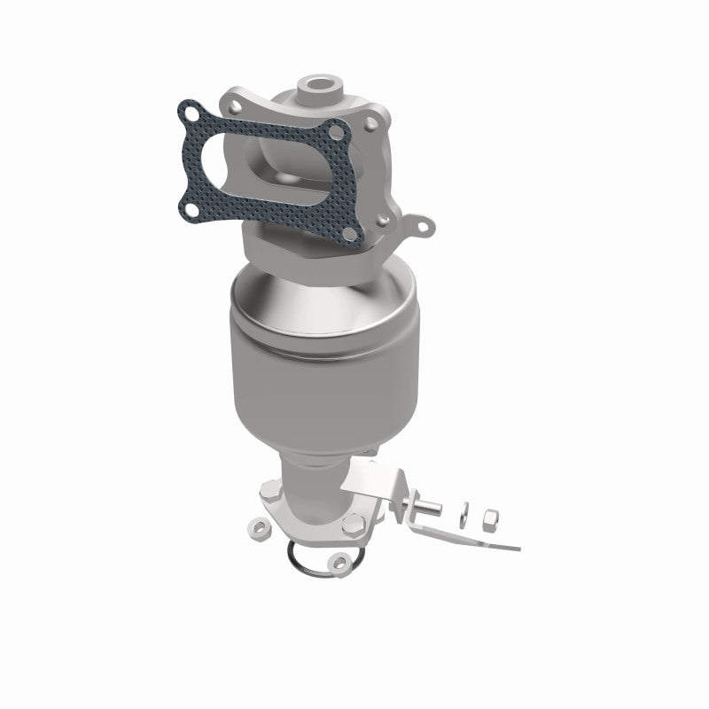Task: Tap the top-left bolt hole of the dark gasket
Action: point(187,111)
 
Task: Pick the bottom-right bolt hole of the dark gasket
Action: point(358,233)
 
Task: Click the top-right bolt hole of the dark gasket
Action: point(334,135)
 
